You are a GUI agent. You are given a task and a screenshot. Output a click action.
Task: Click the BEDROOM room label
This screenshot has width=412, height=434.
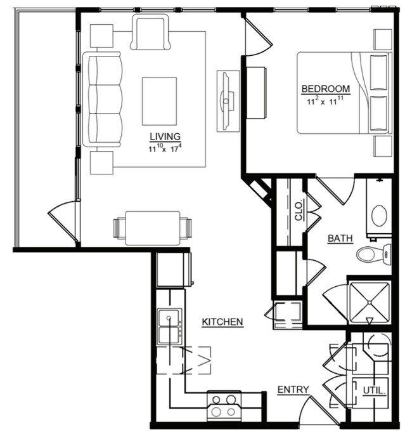pyautogui.click(x=325, y=88)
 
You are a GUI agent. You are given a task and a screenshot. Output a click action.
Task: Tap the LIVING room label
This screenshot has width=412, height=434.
pyautogui.click(x=165, y=136)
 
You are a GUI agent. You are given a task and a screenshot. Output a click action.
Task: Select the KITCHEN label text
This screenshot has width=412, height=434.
pyautogui.click(x=222, y=322)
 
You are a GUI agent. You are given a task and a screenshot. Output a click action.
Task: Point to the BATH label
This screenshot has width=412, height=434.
pyautogui.click(x=340, y=239)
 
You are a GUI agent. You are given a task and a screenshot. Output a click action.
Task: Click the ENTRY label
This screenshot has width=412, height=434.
pyautogui.click(x=293, y=390)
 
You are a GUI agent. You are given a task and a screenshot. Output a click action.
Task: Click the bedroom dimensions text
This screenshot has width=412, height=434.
pyautogui.click(x=326, y=100)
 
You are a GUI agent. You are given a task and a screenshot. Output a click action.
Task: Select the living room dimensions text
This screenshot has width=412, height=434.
pyautogui.click(x=165, y=149)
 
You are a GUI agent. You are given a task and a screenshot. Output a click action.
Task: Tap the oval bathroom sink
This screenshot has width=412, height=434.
pyautogui.click(x=380, y=216)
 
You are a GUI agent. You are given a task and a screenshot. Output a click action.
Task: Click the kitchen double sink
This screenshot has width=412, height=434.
pyautogui.click(x=169, y=326)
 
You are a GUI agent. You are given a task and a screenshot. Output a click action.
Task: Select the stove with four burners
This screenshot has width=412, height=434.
pyautogui.click(x=224, y=405)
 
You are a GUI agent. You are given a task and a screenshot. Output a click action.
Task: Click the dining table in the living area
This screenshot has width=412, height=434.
pyautogui.click(x=152, y=227)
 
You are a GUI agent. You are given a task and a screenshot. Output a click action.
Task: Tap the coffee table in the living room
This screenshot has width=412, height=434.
pyautogui.click(x=159, y=101)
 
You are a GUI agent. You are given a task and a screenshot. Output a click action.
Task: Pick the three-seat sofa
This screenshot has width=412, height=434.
pyautogui.click(x=103, y=100)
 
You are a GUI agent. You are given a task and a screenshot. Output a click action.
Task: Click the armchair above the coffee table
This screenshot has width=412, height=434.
pyautogui.click(x=151, y=33)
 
